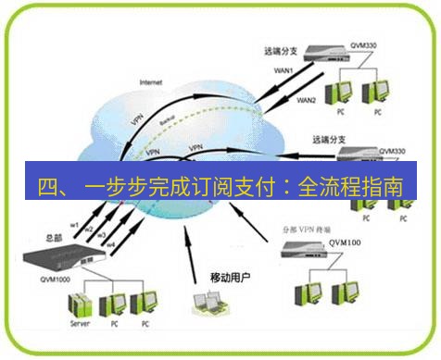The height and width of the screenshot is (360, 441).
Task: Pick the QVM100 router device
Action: point(307,247)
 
